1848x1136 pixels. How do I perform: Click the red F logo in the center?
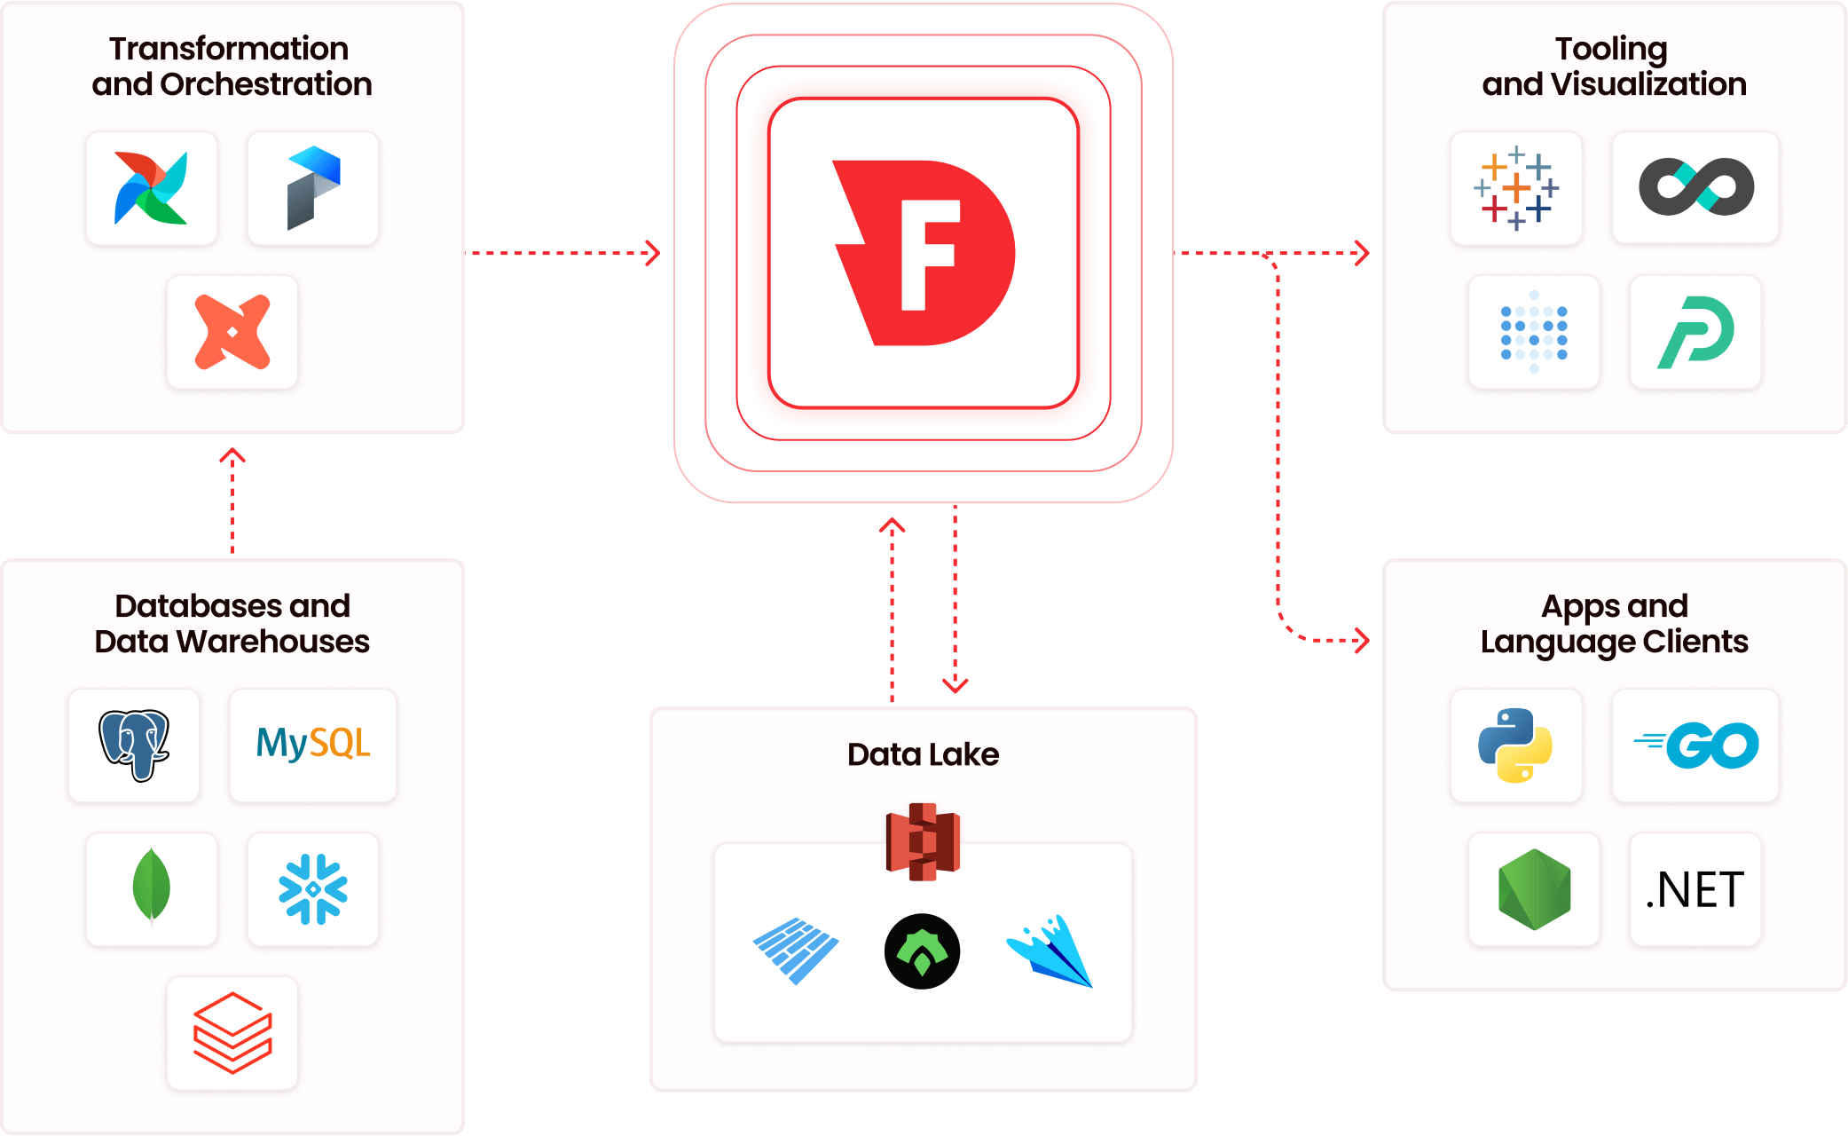[924, 253]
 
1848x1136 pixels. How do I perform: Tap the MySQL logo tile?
[313, 745]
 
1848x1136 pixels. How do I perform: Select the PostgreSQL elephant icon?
[134, 745]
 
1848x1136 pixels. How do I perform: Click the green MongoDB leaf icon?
[152, 887]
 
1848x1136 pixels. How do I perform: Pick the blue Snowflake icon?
[313, 888]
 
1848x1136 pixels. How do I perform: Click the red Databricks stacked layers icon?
[232, 1032]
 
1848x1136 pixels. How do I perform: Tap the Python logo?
[1515, 745]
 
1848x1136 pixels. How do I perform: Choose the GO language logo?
[1696, 745]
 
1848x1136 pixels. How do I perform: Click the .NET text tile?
[1695, 889]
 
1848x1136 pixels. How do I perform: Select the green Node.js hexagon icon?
[1534, 889]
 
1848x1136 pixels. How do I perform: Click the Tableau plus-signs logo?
[1516, 187]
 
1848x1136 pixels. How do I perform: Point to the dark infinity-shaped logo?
[1695, 187]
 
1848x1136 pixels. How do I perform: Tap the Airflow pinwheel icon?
[152, 187]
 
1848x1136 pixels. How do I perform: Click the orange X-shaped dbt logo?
[232, 331]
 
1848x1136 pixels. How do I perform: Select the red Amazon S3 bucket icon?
[923, 841]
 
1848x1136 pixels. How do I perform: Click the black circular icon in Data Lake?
[923, 951]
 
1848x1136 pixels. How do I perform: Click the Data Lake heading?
[923, 754]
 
